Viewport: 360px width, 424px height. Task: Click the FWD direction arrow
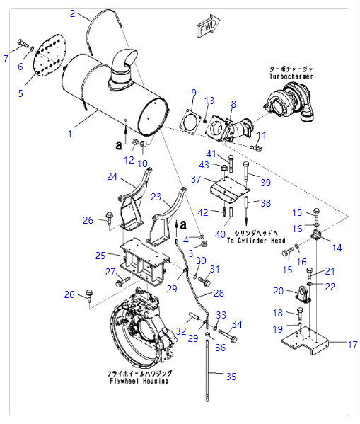(x=208, y=26)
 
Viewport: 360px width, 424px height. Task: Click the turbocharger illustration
(x=289, y=103)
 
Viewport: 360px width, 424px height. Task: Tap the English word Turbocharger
(x=291, y=76)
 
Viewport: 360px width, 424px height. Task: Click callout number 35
(x=231, y=377)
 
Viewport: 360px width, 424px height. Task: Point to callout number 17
(x=352, y=345)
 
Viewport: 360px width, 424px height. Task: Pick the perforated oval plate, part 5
(x=50, y=55)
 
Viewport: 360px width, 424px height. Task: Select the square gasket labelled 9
(x=191, y=122)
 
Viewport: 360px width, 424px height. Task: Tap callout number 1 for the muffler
(x=70, y=134)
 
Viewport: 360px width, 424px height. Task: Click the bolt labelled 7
(x=23, y=43)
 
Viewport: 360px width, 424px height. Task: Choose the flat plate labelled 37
(x=229, y=190)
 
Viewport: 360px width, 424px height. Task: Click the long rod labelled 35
(x=207, y=369)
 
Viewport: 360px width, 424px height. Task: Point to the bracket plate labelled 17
(x=305, y=340)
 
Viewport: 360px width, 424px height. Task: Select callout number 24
(x=112, y=176)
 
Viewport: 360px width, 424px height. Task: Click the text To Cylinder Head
(x=256, y=241)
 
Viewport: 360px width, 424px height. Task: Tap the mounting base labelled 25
(x=145, y=261)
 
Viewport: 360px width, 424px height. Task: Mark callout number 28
(x=219, y=293)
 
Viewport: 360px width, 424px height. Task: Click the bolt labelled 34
(x=228, y=336)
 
